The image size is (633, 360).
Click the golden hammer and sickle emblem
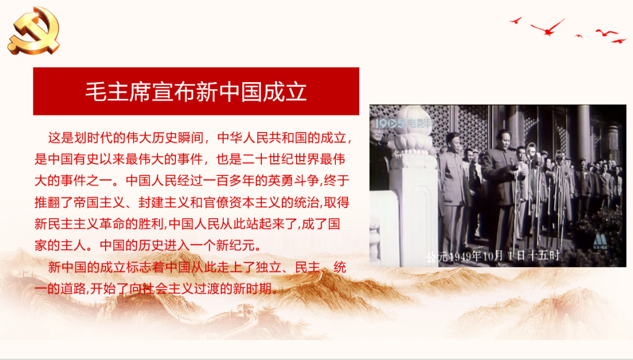(x=34, y=30)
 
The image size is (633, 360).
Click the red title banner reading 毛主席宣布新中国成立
(x=196, y=91)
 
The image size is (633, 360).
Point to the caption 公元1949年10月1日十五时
(x=494, y=256)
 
